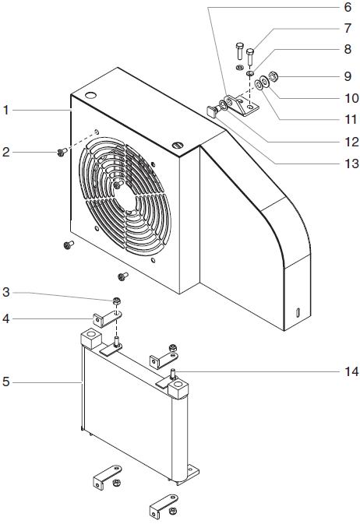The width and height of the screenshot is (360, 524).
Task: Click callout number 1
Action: (x=6, y=110)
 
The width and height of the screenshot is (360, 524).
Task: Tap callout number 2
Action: (x=6, y=152)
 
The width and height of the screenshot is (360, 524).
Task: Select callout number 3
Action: (x=6, y=293)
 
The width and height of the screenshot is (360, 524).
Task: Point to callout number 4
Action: (x=6, y=318)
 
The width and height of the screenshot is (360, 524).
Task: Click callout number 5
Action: (x=6, y=382)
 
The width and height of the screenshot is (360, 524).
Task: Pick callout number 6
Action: (x=348, y=7)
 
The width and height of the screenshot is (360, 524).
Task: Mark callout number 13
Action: (x=348, y=164)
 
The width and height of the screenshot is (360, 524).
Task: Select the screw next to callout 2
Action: (x=61, y=153)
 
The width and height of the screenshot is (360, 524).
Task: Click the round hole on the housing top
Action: (x=91, y=95)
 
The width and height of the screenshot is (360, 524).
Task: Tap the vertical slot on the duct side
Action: (x=298, y=311)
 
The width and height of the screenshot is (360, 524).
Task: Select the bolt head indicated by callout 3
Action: (x=116, y=302)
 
